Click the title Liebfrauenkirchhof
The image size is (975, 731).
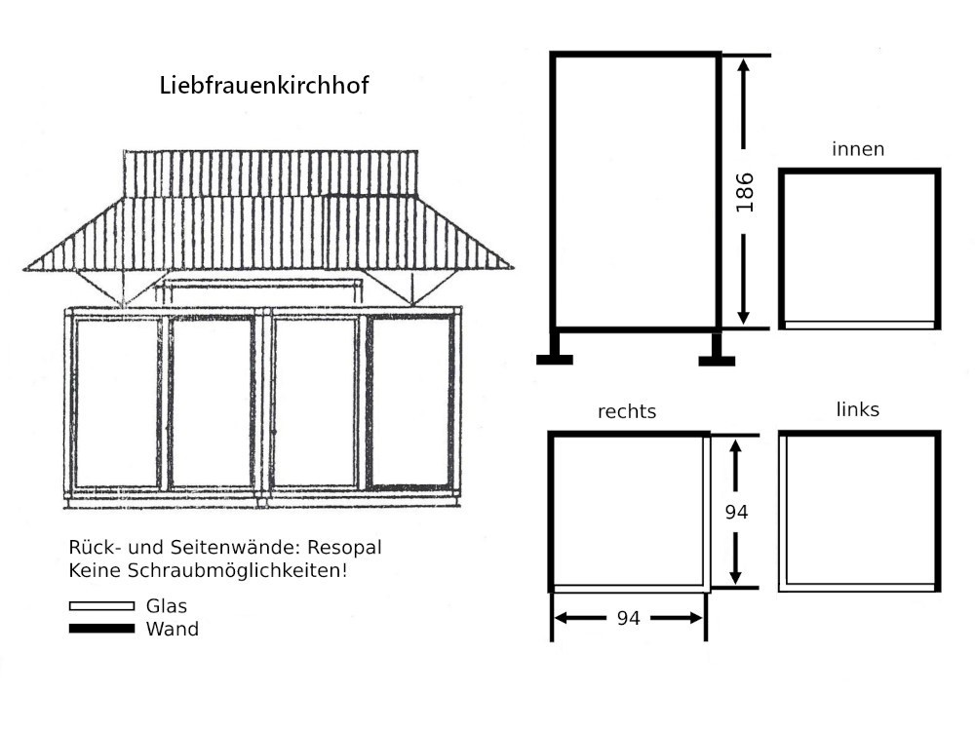[264, 85]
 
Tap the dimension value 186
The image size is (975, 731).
[744, 193]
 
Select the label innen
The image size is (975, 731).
[858, 149]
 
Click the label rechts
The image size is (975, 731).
[627, 411]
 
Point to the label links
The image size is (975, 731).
[857, 409]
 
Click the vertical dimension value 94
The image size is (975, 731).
[736, 513]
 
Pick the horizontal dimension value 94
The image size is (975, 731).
[628, 618]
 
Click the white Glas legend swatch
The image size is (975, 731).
[102, 606]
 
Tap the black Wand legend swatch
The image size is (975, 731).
[102, 629]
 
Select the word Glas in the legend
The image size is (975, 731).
[167, 606]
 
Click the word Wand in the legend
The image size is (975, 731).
[173, 629]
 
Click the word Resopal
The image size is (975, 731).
[344, 548]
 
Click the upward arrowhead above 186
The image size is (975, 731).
[744, 66]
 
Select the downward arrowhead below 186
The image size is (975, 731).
[744, 317]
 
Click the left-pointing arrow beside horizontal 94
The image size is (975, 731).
[579, 618]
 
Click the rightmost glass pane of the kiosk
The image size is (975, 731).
[410, 401]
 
